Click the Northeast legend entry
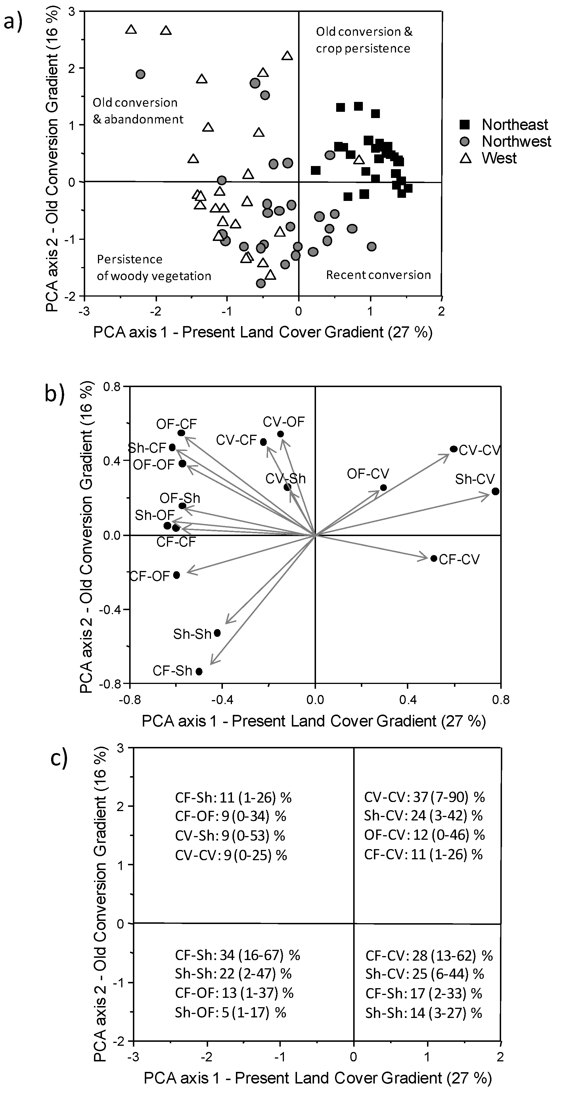point(514,125)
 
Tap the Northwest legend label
point(516,141)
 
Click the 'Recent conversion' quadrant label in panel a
point(378,275)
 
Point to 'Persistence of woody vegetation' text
point(154,268)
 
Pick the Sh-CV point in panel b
point(495,492)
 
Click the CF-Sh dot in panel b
point(199,671)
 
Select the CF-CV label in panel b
point(459,559)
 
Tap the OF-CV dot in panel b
point(383,488)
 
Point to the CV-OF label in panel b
point(284,422)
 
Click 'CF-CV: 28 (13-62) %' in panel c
point(429,943)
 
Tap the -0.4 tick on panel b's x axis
point(222,700)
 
